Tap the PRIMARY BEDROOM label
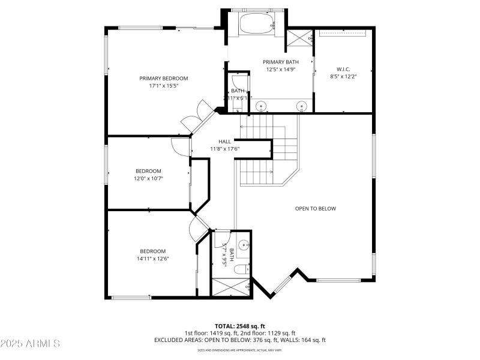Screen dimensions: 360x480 [x=164, y=78]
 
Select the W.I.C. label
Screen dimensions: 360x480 [x=343, y=69]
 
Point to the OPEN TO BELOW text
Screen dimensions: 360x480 [x=315, y=209]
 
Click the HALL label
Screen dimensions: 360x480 [x=224, y=142]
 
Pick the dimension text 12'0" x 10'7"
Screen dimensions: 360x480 [x=149, y=178]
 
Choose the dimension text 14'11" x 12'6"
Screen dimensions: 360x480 [x=153, y=259]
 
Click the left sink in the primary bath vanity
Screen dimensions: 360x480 [x=262, y=106]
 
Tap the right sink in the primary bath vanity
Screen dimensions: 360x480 [x=301, y=106]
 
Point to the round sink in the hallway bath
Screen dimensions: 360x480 [x=244, y=245]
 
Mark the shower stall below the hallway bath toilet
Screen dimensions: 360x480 [x=231, y=287]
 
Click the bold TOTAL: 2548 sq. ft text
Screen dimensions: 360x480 [x=240, y=326]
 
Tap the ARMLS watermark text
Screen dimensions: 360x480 [x=30, y=344]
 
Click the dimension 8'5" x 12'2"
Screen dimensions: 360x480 [x=343, y=76]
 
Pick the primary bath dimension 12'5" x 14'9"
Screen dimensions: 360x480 [x=281, y=69]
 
